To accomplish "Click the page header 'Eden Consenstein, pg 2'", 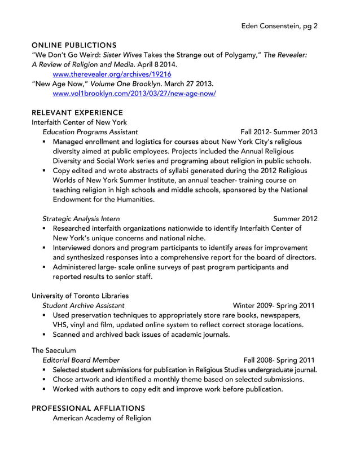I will pyautogui.click(x=279, y=26).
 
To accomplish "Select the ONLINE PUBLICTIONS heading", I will pyautogui.click(x=74, y=45).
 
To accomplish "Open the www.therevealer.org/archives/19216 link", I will pyautogui.click(x=112, y=74).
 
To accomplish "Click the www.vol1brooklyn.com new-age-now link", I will pyautogui.click(x=134, y=93).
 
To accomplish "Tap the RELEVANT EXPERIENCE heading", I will pyautogui.click(x=77, y=113).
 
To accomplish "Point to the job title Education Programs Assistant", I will pyautogui.click(x=90, y=132).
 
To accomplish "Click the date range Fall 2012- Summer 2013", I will pyautogui.click(x=279, y=132).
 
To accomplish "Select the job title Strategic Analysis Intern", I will pyautogui.click(x=81, y=218).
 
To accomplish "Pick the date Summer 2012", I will pyautogui.click(x=295, y=218).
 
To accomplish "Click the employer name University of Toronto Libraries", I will pyautogui.click(x=80, y=295).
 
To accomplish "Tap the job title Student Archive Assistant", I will pyautogui.click(x=84, y=305).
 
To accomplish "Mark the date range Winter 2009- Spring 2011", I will pyautogui.click(x=274, y=305).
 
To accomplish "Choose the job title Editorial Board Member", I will pyautogui.click(x=81, y=360).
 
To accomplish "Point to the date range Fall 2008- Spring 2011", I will pyautogui.click(x=279, y=360).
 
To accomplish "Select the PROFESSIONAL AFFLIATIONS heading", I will pyautogui.click(x=89, y=408).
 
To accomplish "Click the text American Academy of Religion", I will pyautogui.click(x=102, y=418).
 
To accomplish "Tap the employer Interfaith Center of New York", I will pyautogui.click(x=79, y=122).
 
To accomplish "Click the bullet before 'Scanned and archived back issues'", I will pyautogui.click(x=44, y=335).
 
